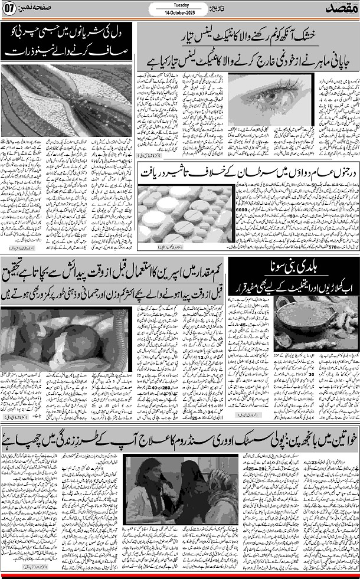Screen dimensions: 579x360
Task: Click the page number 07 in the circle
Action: [x=9, y=10]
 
